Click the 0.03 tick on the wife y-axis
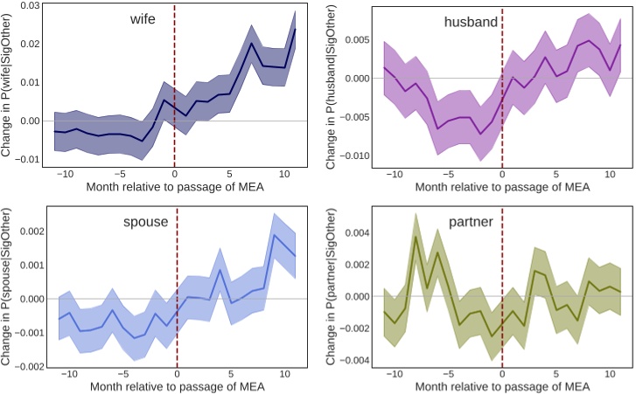[29, 6]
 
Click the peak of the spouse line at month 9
[275, 235]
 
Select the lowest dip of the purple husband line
[480, 135]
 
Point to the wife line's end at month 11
[295, 30]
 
